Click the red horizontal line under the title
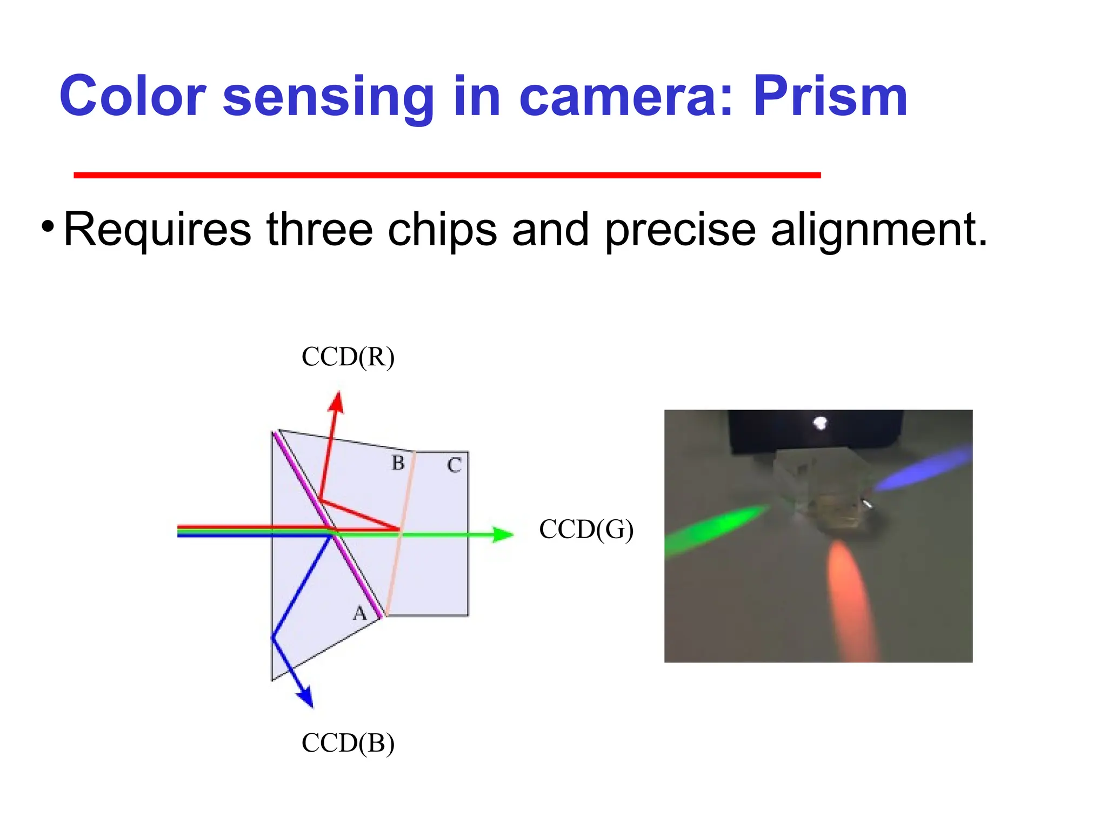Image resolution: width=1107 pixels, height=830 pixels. (447, 175)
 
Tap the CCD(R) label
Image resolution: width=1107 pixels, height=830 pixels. (348, 357)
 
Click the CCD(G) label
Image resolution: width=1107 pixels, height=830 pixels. (586, 529)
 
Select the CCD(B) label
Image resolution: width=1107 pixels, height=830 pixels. (348, 743)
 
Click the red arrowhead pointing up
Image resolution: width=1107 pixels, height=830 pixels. (337, 403)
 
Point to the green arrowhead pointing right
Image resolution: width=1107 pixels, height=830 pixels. (502, 534)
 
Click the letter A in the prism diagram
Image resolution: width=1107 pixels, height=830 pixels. (359, 613)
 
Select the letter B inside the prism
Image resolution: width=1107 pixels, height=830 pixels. (398, 463)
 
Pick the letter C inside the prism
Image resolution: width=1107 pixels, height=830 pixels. (454, 465)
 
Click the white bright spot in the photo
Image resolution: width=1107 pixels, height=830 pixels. (820, 423)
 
